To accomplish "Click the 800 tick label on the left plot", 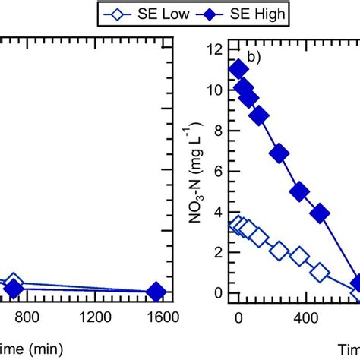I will tap(27, 316).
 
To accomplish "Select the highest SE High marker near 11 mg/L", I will tap(238, 70).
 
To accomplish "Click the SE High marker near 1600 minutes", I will tap(156, 292).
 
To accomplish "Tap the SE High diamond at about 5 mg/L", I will tap(299, 191).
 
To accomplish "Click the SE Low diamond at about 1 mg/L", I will tap(320, 272).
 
